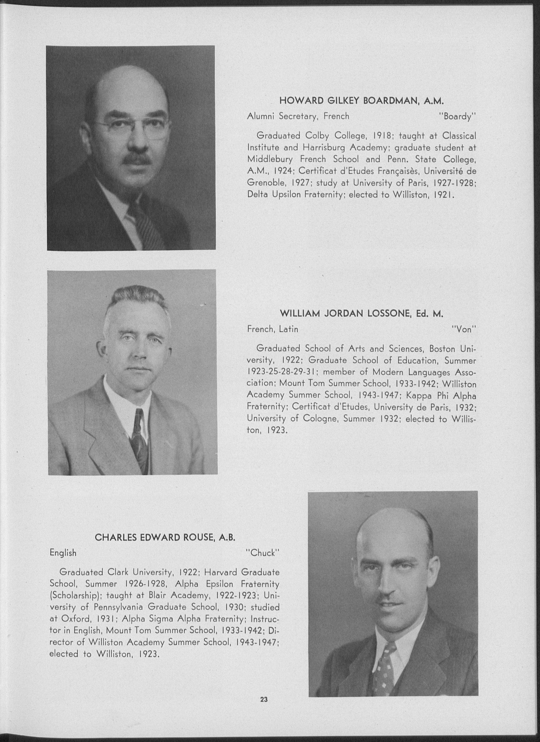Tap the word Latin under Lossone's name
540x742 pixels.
pyautogui.click(x=289, y=329)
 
